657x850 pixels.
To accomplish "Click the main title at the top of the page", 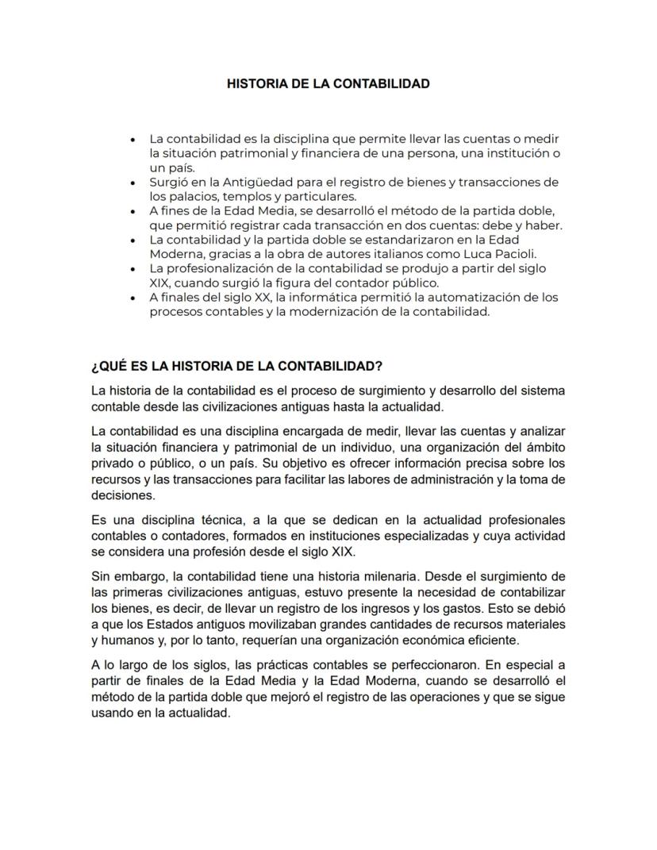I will [328, 83].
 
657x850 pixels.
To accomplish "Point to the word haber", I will [544, 225].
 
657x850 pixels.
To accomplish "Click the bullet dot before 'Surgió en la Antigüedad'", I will [133, 183].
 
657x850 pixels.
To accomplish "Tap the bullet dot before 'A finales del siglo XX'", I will [133, 298].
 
